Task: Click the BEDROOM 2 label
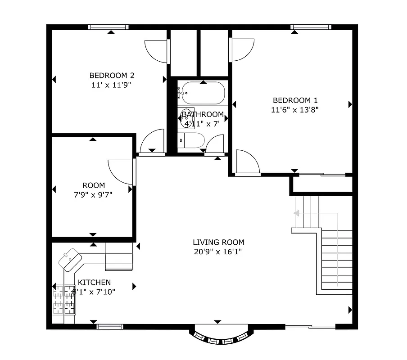[x=112, y=76]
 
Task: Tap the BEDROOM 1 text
[x=292, y=100]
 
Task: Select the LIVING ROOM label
[x=218, y=243]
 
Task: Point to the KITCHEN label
[x=94, y=282]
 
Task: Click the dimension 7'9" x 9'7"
[x=94, y=194]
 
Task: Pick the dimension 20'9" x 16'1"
[x=218, y=252]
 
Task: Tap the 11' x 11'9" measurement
[x=112, y=85]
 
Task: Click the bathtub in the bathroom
[x=202, y=93]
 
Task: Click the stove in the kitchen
[x=63, y=300]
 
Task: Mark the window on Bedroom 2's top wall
[x=108, y=27]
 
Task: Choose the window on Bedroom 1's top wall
[x=311, y=27]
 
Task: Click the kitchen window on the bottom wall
[x=110, y=326]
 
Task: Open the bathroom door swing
[x=215, y=144]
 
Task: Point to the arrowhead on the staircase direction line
[x=296, y=213]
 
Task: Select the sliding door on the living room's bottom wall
[x=311, y=326]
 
